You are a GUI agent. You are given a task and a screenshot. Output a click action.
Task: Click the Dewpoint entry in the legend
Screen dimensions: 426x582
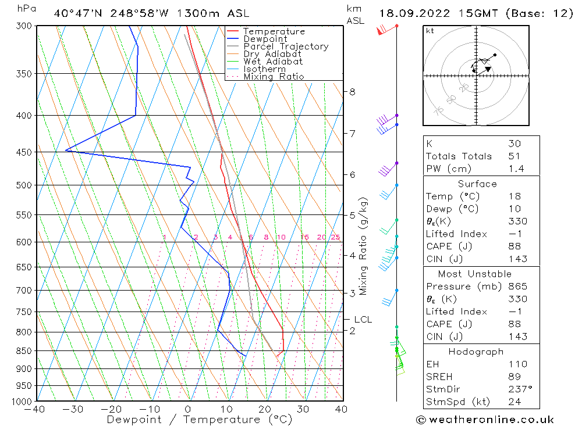pos(265,39)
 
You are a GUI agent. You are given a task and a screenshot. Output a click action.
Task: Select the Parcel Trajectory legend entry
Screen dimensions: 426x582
pos(286,46)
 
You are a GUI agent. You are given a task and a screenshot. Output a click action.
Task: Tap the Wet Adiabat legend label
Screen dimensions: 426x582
pos(273,62)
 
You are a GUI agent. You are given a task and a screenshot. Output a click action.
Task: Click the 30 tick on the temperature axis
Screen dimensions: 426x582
pos(303,409)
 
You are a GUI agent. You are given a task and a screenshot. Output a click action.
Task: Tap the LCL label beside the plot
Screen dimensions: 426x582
pos(363,320)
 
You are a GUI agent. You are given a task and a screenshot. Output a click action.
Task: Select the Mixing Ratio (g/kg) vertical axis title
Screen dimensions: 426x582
pos(364,246)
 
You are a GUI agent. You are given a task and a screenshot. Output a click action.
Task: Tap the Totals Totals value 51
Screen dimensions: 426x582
pos(514,156)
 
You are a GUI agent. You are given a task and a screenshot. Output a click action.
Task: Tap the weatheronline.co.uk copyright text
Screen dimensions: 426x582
pos(485,420)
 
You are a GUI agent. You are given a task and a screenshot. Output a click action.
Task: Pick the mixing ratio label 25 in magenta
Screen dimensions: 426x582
pos(335,237)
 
